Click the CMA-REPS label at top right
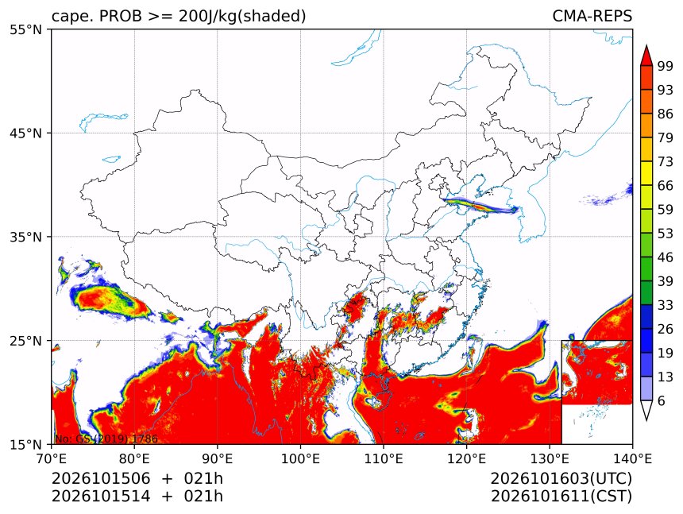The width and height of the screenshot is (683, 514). [592, 16]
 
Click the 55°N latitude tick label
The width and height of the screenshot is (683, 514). [25, 29]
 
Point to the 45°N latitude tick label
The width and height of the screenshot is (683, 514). [25, 133]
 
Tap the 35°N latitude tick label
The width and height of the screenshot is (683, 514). [25, 237]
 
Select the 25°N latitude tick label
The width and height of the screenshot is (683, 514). [25, 340]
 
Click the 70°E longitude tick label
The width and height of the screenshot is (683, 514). [52, 458]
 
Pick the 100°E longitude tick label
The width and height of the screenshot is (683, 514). [300, 458]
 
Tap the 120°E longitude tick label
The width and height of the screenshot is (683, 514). [466, 458]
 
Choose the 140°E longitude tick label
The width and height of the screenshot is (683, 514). [632, 458]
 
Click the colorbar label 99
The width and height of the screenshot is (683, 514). [666, 66]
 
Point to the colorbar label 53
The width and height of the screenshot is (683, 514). [666, 234]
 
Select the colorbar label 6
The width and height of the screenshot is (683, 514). [662, 400]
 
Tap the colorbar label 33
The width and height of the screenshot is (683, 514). [666, 305]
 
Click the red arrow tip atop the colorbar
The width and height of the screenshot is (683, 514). [646, 45]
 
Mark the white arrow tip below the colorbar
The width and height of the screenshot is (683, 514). [646, 420]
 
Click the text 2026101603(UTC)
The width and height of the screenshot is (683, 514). [561, 478]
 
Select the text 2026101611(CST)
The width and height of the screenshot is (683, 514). [561, 497]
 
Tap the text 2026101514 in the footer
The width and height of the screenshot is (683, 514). [101, 497]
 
